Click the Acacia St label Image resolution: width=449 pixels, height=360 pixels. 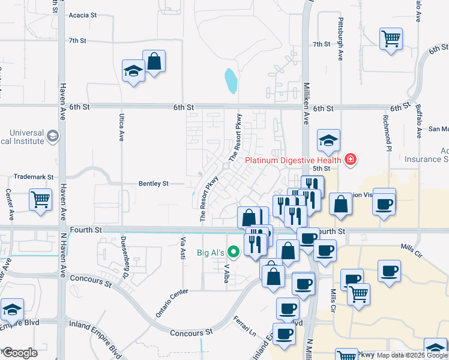[x=83, y=15]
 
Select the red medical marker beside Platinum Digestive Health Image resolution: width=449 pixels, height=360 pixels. [x=350, y=160]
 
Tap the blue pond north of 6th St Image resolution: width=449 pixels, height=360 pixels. [x=231, y=81]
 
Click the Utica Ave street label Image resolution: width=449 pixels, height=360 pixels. [x=121, y=128]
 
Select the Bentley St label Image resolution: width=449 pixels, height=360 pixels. [x=154, y=184]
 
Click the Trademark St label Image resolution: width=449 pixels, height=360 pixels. [x=34, y=178]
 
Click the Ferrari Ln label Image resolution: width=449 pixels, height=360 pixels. [x=246, y=325]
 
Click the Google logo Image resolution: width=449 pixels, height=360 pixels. [x=19, y=353]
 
